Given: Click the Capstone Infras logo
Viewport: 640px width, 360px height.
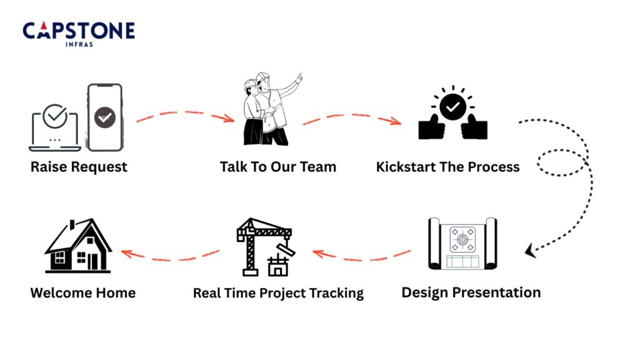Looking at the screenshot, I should tap(79, 32).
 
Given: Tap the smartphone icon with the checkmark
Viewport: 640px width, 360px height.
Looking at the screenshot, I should tap(104, 117).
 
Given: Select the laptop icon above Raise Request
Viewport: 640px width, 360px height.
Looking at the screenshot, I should tap(55, 129).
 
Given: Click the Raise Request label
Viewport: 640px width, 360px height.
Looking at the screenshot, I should tap(79, 167).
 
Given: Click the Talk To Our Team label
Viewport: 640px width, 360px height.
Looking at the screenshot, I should tap(277, 167).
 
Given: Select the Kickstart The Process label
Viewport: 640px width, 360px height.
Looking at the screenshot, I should tap(447, 167).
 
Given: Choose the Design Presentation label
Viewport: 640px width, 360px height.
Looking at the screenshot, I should tap(471, 292).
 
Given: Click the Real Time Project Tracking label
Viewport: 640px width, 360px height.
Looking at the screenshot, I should tap(278, 292).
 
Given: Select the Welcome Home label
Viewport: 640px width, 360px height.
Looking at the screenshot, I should tap(82, 292).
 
